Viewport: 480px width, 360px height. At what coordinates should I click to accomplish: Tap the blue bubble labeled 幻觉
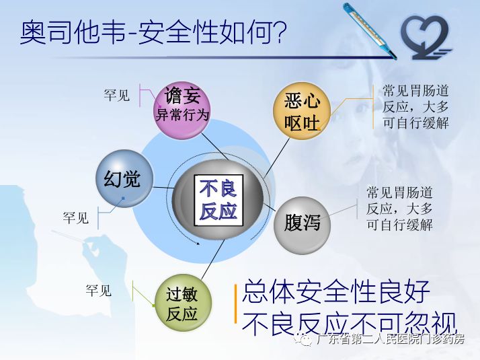point(123,178)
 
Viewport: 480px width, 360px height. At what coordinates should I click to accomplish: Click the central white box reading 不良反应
point(218,200)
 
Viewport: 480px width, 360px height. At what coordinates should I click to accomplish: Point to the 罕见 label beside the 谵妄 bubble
point(117,95)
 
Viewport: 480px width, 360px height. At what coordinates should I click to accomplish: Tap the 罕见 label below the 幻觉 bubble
point(76,218)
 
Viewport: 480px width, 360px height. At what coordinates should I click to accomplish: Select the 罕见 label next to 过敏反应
point(99,291)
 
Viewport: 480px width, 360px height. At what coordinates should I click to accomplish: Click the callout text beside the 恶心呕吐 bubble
point(415,106)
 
